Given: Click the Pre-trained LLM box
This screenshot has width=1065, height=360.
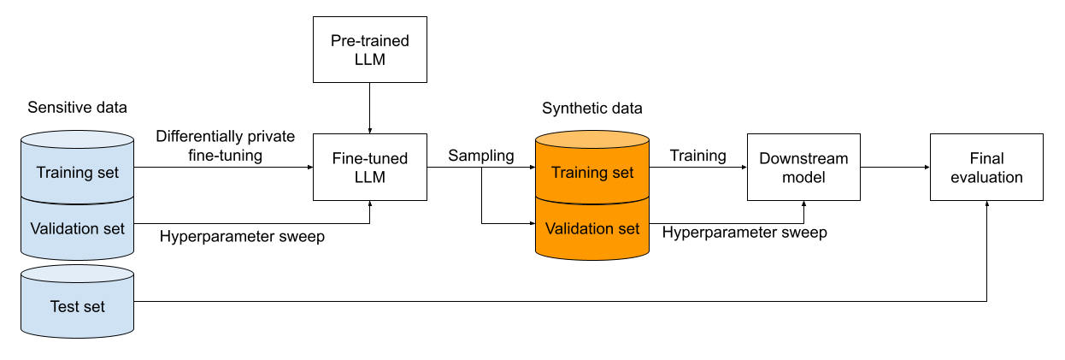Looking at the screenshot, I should click(369, 50).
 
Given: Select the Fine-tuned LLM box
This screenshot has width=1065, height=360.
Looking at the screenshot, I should click(369, 167).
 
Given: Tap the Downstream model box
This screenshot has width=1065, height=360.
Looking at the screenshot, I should click(803, 167).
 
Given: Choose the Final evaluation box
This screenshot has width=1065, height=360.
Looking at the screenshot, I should click(986, 167).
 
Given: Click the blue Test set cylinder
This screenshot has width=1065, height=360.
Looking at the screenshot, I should click(77, 305).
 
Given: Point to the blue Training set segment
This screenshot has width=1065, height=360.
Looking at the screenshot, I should click(77, 173).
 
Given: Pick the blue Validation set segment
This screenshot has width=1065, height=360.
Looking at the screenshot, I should click(77, 228).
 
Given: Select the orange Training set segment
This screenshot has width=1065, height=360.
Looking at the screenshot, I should click(591, 173).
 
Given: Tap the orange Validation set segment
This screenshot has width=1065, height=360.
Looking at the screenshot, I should click(591, 228).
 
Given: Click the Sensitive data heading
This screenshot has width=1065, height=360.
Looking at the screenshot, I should click(77, 108).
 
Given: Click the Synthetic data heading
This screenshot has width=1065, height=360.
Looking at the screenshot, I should click(591, 109).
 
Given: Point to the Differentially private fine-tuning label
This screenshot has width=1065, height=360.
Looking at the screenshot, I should click(225, 145).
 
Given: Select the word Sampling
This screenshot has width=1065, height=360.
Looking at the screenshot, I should click(481, 156).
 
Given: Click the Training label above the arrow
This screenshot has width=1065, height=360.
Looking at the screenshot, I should click(697, 156).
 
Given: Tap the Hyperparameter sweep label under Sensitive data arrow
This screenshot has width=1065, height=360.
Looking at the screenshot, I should click(242, 236).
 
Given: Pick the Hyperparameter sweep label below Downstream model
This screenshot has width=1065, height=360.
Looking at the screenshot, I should click(744, 233).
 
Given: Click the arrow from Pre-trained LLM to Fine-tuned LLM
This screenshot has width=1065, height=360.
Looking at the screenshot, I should click(369, 108).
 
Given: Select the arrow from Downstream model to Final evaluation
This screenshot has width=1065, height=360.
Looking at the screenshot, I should click(895, 168).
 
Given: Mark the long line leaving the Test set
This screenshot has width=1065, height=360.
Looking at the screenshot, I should click(556, 301).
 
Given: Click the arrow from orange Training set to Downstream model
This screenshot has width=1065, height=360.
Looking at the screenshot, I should click(697, 168).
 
